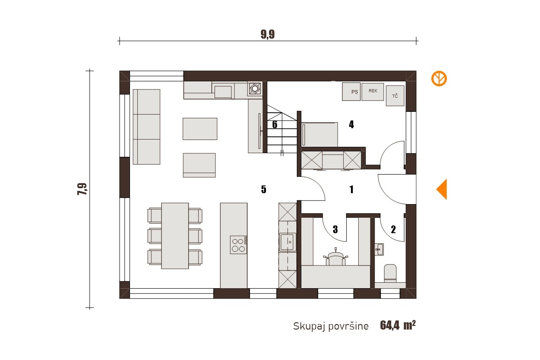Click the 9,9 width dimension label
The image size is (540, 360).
(x=268, y=35)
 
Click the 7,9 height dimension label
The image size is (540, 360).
(x=82, y=189)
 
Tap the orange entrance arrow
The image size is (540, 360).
(x=442, y=189)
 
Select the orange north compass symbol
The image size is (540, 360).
(x=439, y=79)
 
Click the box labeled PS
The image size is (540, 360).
(x=351, y=92)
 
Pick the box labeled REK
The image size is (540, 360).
(x=373, y=92)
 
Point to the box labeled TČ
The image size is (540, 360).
(x=395, y=96)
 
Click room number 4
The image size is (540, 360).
(x=351, y=125)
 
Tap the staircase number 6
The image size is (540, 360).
(x=275, y=125)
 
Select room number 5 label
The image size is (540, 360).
(x=264, y=189)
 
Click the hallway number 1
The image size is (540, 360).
(x=351, y=189)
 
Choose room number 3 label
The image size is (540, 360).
(x=335, y=229)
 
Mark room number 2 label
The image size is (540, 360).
(x=393, y=229)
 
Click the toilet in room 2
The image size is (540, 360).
(x=390, y=273)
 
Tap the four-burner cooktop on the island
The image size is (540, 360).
(x=238, y=245)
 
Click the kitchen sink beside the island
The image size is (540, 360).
(x=287, y=241)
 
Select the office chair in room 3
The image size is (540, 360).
(x=336, y=257)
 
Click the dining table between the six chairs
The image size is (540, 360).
(x=175, y=235)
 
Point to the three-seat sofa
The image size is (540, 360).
(x=146, y=127)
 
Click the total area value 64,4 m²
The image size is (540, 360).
(x=398, y=325)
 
